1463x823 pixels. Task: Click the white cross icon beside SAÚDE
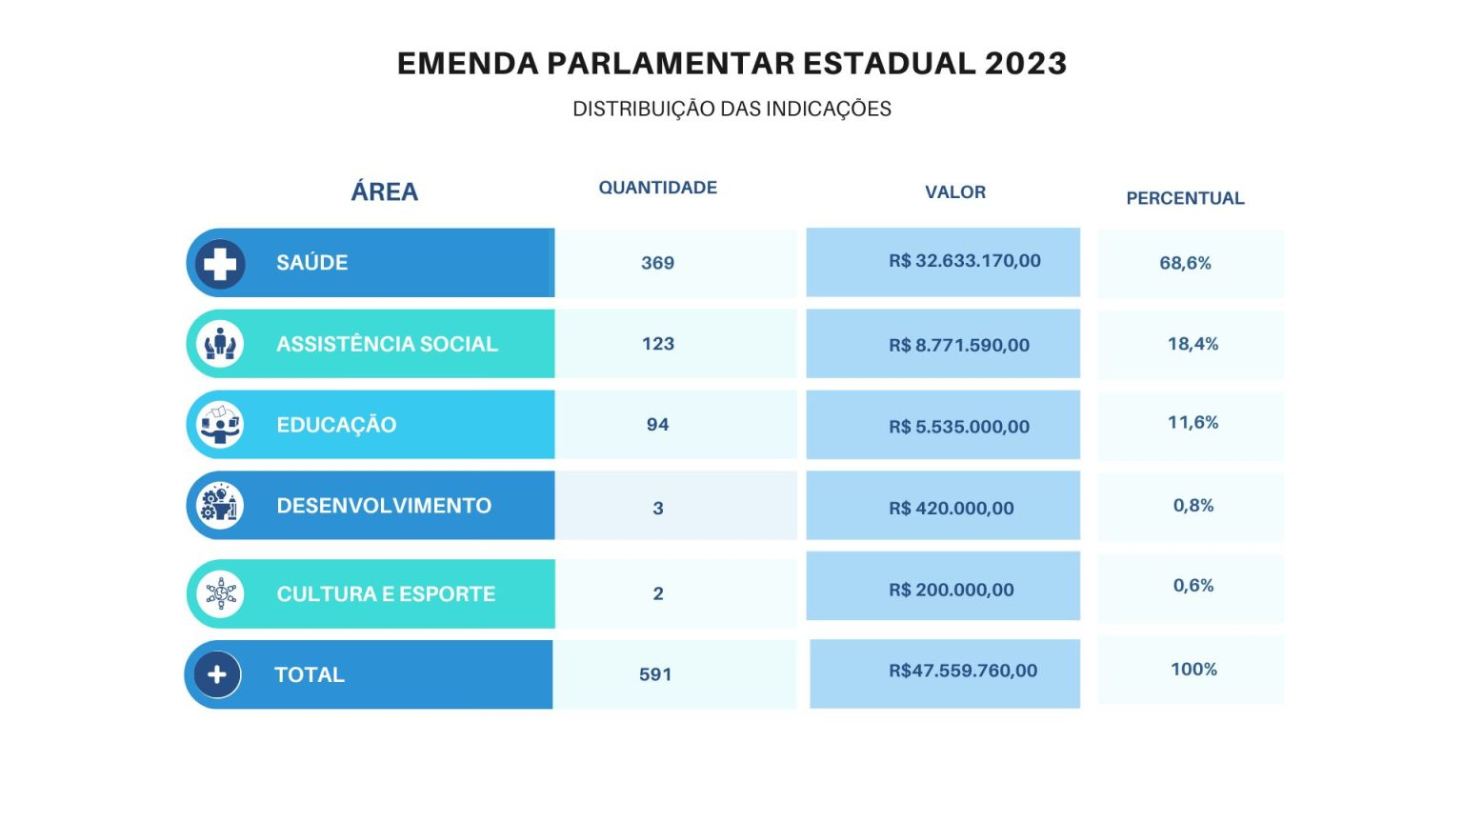point(220,264)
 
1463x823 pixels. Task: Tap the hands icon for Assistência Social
point(220,344)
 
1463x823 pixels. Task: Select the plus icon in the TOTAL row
point(217,674)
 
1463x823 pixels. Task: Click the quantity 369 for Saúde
point(658,263)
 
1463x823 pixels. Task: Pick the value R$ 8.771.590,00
point(959,345)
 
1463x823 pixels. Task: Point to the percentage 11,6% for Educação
point(1192,423)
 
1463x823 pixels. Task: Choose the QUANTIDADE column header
point(658,188)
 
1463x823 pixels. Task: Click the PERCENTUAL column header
point(1186,198)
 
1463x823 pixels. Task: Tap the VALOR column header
point(955,192)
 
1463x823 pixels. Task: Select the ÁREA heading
point(384,191)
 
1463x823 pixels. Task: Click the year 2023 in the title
point(1026,64)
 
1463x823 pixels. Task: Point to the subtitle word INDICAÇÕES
point(828,109)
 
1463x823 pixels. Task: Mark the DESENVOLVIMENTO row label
point(384,506)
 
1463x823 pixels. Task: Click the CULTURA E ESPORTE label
point(386,593)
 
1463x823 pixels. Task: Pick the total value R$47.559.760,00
point(963,671)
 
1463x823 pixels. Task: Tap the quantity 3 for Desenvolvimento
point(658,508)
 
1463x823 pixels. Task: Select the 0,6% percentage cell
point(1192,585)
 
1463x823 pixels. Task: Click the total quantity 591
point(655,674)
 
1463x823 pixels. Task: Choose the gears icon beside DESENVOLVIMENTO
point(220,506)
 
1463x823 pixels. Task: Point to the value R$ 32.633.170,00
point(965,261)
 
